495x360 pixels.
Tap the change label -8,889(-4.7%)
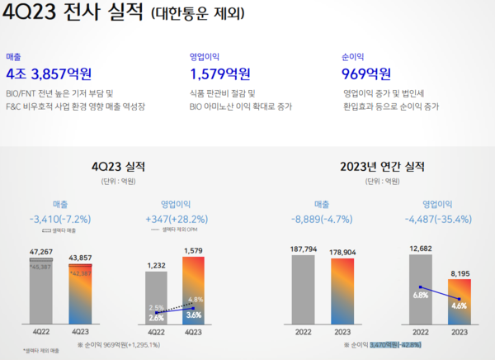click(x=321, y=220)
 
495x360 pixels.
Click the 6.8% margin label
click(x=421, y=294)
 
